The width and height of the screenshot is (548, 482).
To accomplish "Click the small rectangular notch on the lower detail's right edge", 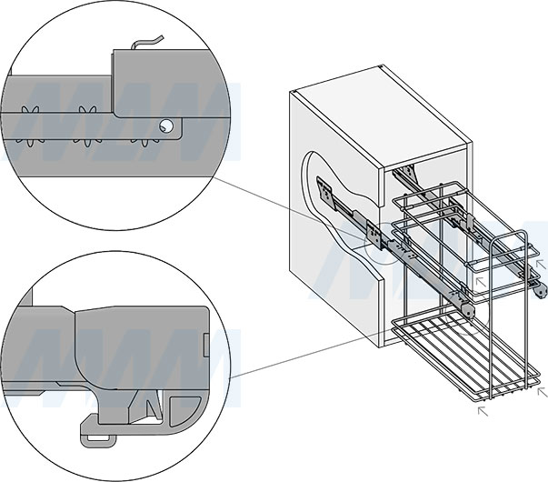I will coord(210,346).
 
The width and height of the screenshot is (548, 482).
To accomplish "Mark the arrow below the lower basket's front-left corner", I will coord(483,411).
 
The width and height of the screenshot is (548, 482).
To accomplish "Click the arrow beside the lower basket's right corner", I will coord(543,392).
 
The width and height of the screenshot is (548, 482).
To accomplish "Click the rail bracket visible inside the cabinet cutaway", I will coord(327,194).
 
